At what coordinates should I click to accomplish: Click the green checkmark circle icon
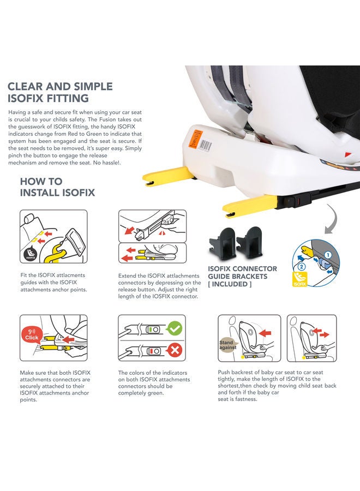175,328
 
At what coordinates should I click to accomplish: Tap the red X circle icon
175,350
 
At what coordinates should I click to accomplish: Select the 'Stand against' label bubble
228,345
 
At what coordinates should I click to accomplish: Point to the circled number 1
327,255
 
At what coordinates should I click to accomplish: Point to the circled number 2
301,267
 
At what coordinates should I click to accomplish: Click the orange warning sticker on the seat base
194,138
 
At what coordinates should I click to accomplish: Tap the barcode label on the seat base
206,145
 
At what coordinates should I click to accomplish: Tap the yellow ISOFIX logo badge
299,279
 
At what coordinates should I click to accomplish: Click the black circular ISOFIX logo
31,254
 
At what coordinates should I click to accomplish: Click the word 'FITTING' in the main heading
68,98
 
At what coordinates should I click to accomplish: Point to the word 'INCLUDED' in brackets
230,284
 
